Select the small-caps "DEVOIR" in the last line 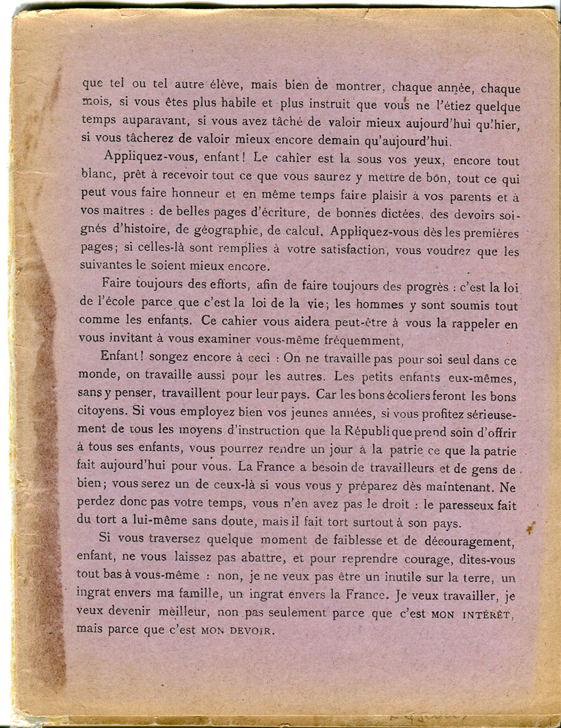coord(249,631)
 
